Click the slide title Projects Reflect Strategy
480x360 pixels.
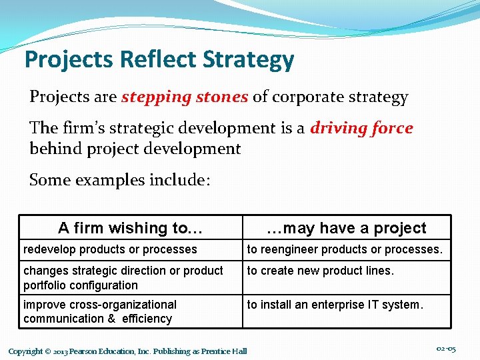point(159,60)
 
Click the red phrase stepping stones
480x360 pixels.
point(185,97)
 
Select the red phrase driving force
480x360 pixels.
point(361,128)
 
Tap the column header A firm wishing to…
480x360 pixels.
point(130,228)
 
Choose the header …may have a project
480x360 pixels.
point(346,228)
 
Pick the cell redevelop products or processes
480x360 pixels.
point(110,249)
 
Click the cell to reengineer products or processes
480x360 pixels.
point(345,249)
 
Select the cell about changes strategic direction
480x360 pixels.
point(123,277)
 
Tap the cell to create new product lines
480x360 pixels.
point(321,271)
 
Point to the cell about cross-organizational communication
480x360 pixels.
point(100,311)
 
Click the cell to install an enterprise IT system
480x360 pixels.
point(335,305)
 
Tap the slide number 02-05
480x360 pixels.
point(445,349)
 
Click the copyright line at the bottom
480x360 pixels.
point(127,351)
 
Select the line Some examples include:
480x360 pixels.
point(120,180)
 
